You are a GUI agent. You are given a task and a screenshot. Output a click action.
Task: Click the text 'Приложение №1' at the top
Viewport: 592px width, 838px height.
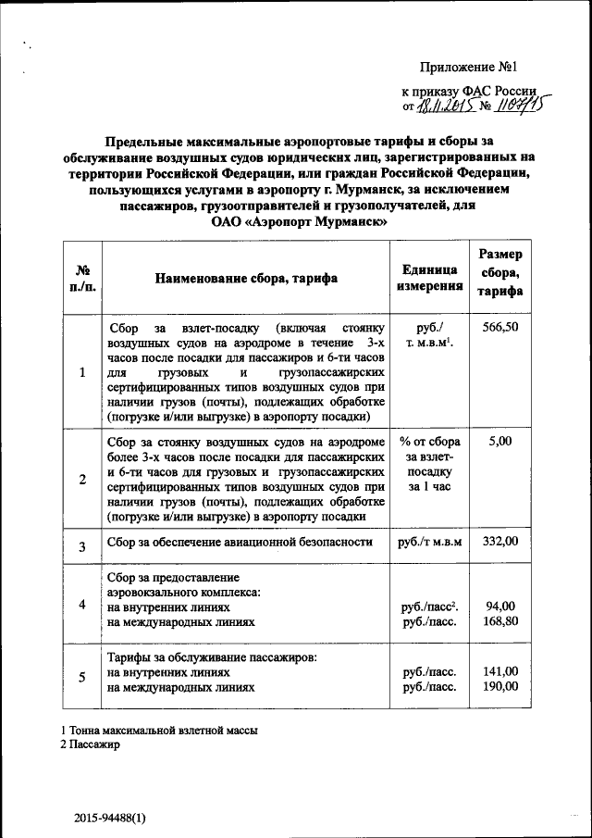click(x=466, y=67)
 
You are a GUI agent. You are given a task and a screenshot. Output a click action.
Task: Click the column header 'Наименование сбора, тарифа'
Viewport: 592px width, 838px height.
click(x=246, y=277)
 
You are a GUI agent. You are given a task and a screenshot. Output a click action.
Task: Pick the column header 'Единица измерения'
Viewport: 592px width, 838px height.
click(x=430, y=277)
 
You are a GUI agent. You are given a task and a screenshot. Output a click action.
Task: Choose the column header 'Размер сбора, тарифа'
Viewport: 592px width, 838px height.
click(x=500, y=273)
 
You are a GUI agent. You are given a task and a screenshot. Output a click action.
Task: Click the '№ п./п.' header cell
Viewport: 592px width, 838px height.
click(x=82, y=277)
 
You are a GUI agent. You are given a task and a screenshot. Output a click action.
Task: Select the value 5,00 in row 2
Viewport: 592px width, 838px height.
click(x=500, y=442)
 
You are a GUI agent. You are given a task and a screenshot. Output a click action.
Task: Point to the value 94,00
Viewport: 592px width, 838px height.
click(x=500, y=607)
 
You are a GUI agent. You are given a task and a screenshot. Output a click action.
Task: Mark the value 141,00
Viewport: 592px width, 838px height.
click(x=500, y=671)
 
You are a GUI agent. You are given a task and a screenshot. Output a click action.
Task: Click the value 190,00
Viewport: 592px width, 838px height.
click(x=500, y=687)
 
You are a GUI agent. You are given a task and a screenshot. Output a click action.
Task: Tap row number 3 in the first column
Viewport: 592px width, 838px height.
click(x=82, y=546)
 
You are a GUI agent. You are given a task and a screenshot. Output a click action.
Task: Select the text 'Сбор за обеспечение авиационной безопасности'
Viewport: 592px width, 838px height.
click(x=240, y=542)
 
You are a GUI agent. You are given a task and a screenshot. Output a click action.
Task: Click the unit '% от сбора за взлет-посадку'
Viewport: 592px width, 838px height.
click(x=430, y=463)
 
